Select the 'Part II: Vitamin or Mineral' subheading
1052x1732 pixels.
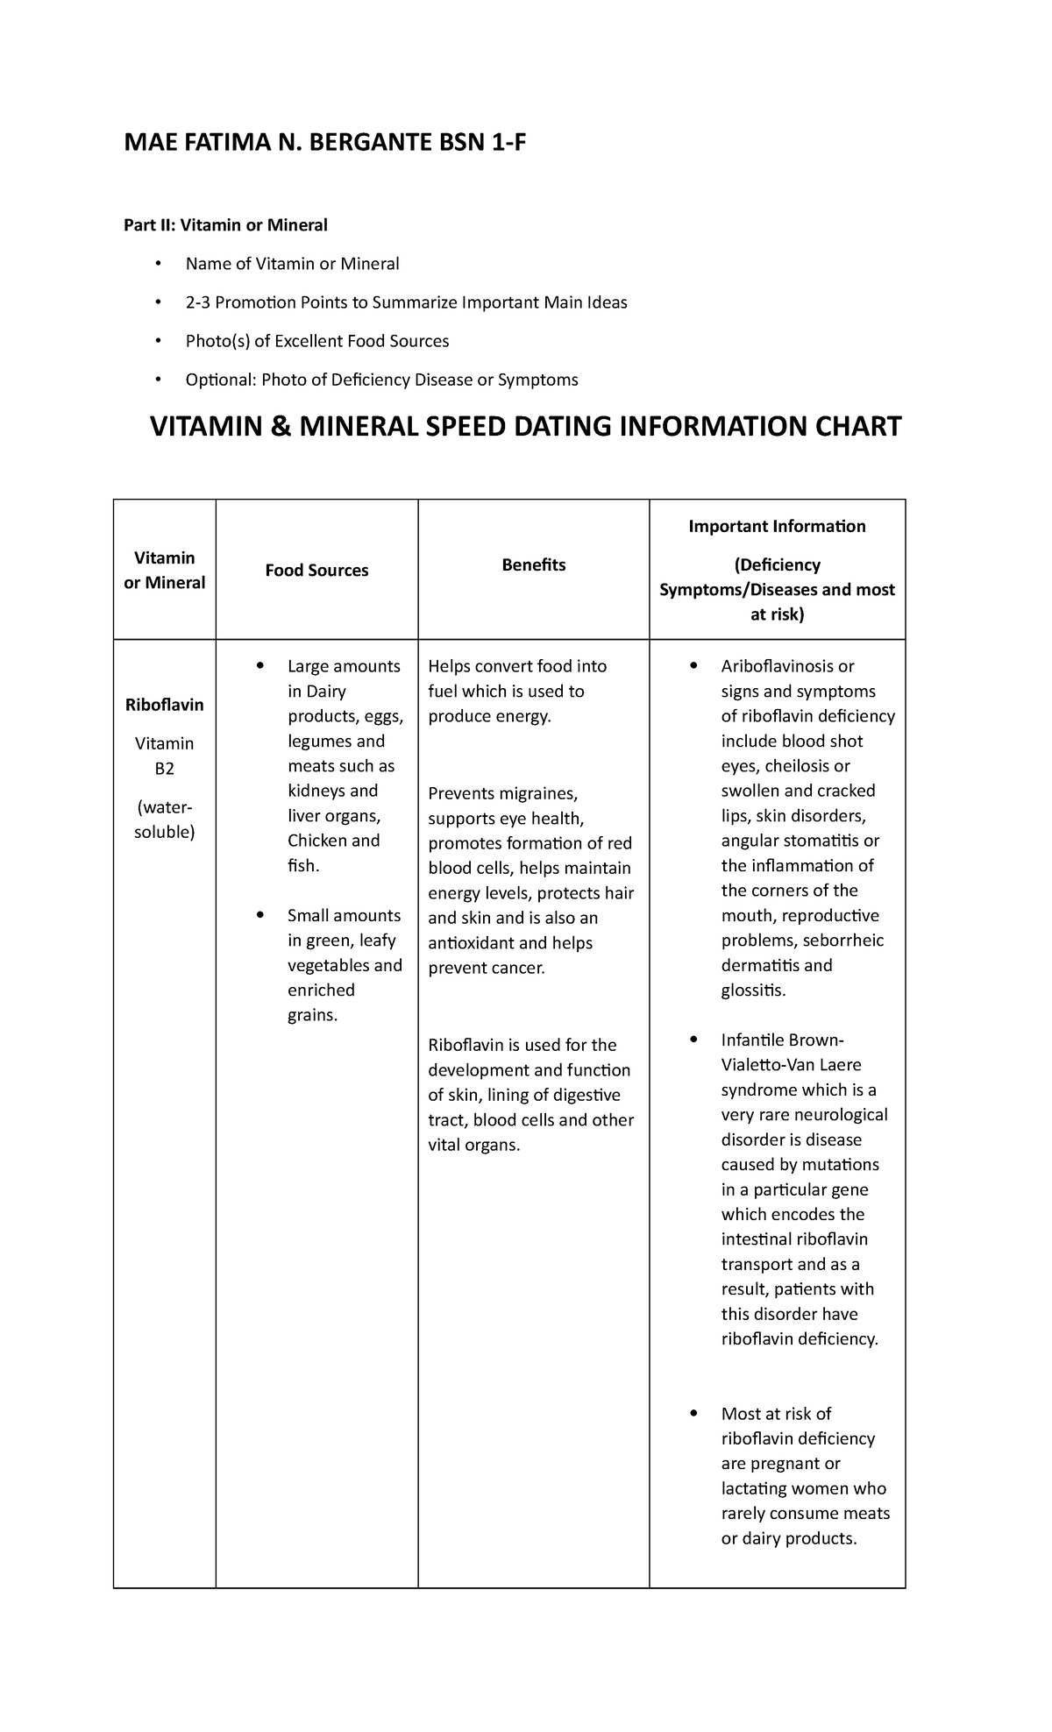coord(225,225)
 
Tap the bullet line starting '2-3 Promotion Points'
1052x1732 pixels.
coord(406,302)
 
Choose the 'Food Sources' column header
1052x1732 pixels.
coord(316,571)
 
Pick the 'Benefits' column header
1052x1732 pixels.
coord(533,565)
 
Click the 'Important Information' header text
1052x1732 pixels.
coord(777,526)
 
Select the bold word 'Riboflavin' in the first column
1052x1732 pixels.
coord(164,705)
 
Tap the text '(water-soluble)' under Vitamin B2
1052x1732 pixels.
coord(164,820)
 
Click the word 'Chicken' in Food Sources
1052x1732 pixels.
coord(316,841)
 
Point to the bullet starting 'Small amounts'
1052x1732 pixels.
coord(344,916)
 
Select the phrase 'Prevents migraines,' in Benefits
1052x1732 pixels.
coord(503,794)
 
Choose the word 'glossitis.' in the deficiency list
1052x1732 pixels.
coord(754,990)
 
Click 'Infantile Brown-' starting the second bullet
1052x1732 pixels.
coord(782,1040)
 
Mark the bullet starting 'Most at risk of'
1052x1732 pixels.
coord(776,1414)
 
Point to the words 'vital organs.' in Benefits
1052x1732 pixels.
coord(474,1145)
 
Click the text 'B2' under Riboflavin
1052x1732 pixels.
coord(164,769)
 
